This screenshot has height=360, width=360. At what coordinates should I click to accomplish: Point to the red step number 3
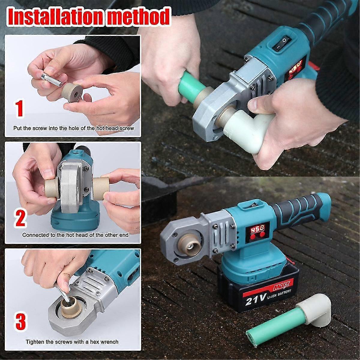click(x=20, y=321)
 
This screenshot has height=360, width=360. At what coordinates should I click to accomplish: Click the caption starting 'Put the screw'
click(x=73, y=128)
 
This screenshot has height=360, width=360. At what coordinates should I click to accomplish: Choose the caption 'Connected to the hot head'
click(x=75, y=235)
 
